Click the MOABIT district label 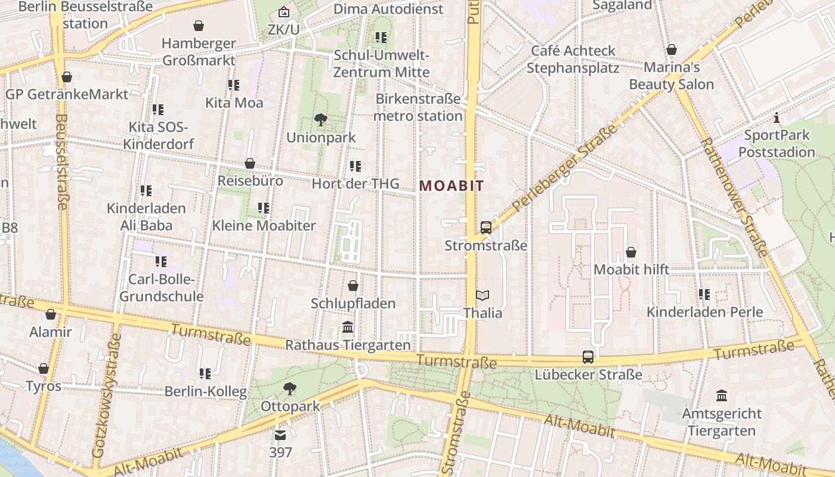[x=451, y=185]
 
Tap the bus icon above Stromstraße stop [x=486, y=227]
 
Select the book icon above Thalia [x=483, y=295]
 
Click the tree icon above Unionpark [x=321, y=120]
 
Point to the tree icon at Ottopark [x=290, y=389]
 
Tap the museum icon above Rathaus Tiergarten [x=348, y=327]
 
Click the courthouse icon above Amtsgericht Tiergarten [x=722, y=395]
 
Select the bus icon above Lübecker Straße [x=588, y=357]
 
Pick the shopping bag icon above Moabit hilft [x=631, y=252]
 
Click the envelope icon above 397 [x=280, y=435]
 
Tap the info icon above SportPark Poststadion [x=777, y=117]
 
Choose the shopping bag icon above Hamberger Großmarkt [x=199, y=26]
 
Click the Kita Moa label [x=234, y=103]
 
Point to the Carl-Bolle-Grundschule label [x=162, y=288]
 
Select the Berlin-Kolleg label [x=206, y=392]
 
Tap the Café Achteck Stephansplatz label [x=573, y=59]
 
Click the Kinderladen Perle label [x=705, y=312]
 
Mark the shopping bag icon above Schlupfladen [x=353, y=286]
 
